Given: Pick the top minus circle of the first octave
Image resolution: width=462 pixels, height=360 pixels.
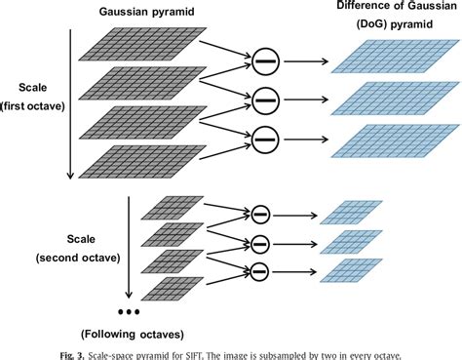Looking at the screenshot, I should (x=264, y=63).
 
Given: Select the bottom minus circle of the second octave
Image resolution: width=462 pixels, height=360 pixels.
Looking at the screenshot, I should (x=260, y=270).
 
